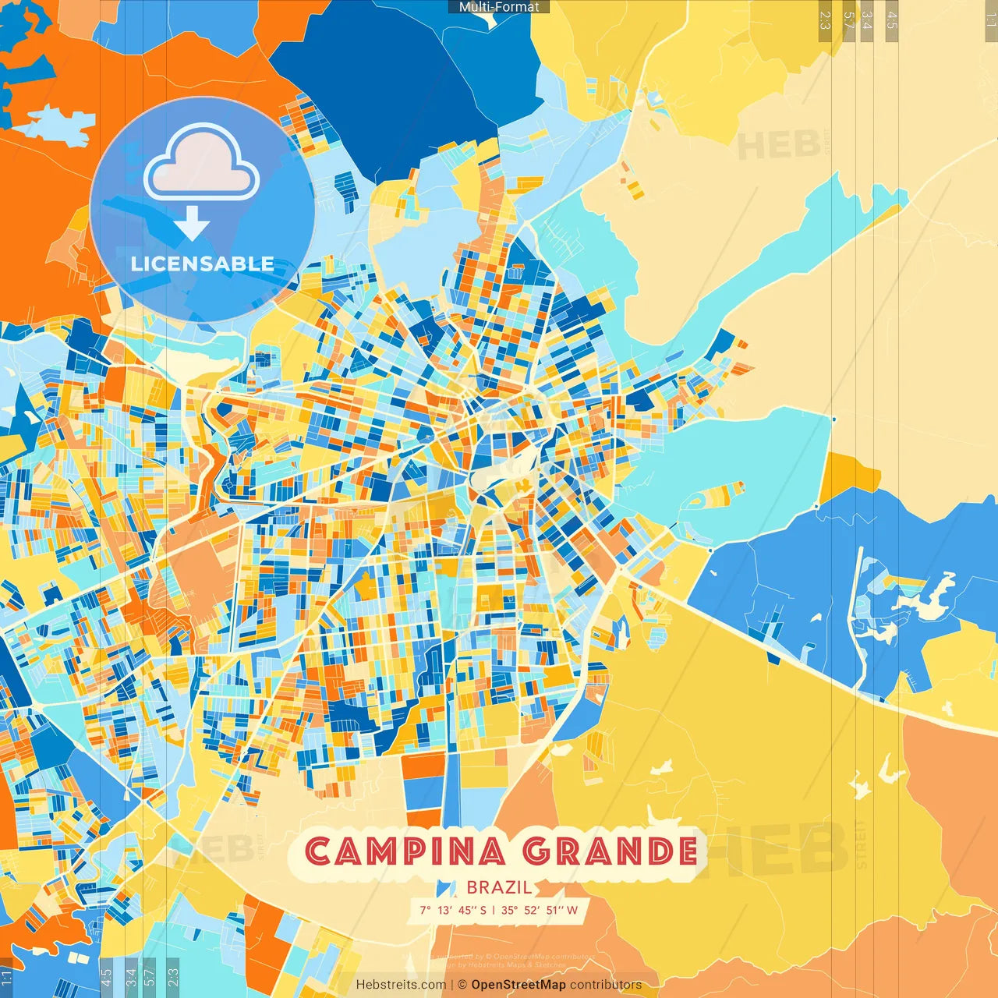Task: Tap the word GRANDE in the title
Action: click(x=610, y=851)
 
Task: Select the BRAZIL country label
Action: click(x=499, y=887)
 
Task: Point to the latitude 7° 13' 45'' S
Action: click(x=452, y=910)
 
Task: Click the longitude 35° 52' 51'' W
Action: click(x=539, y=910)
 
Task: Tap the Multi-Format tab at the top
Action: click(x=499, y=7)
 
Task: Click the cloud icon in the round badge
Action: click(x=201, y=165)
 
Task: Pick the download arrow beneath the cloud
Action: click(x=192, y=224)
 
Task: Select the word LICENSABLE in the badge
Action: click(x=202, y=264)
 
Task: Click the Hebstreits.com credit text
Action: click(x=401, y=985)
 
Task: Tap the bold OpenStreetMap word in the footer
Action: click(x=518, y=985)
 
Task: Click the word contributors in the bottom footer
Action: click(x=606, y=985)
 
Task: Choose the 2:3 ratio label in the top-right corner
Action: click(x=825, y=20)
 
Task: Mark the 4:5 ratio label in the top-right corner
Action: click(x=892, y=20)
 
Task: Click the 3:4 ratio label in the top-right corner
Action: click(x=867, y=20)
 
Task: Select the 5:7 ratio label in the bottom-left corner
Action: click(x=149, y=976)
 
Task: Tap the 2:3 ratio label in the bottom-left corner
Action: click(x=172, y=976)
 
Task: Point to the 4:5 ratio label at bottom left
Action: click(x=106, y=976)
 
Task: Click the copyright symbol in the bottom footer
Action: click(x=462, y=985)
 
